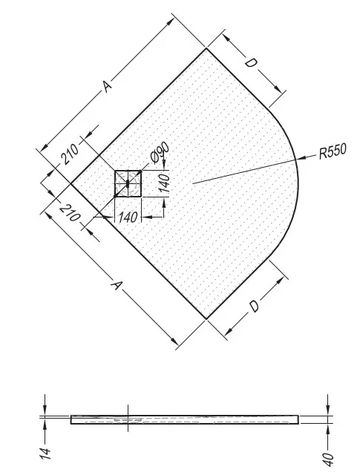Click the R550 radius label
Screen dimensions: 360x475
coord(333,151)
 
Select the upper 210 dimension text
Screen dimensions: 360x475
coord(70,154)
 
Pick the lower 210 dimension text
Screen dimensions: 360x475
coord(70,213)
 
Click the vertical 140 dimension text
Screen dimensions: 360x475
coord(165,183)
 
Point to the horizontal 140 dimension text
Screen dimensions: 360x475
coord(128,217)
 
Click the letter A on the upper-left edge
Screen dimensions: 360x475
coord(107,86)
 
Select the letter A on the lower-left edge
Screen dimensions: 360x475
coord(117,285)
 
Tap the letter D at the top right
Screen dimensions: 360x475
coord(251,63)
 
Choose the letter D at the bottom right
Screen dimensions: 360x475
coord(254,307)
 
